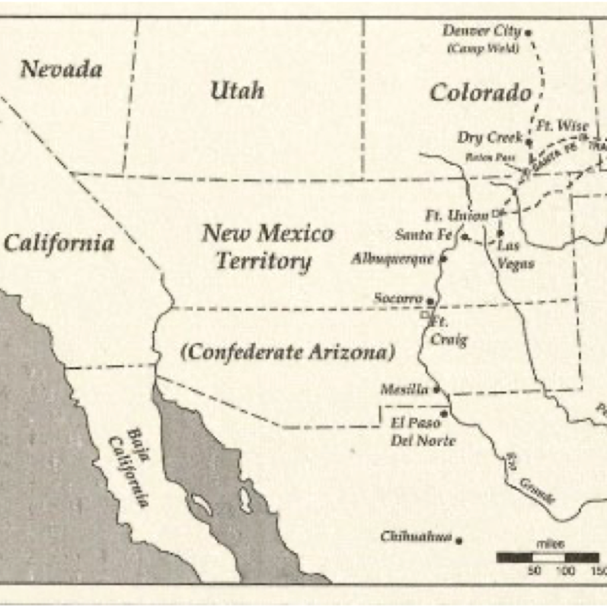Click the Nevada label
(61, 70)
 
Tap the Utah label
(237, 91)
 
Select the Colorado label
(480, 92)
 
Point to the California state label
(59, 243)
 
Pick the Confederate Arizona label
(287, 353)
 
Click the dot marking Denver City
(528, 32)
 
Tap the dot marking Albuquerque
(443, 259)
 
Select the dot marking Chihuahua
(459, 539)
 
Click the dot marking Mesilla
(437, 389)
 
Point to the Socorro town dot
(430, 301)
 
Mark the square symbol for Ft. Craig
(424, 316)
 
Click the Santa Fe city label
(423, 235)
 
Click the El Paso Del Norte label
(423, 432)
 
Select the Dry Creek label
(490, 138)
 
